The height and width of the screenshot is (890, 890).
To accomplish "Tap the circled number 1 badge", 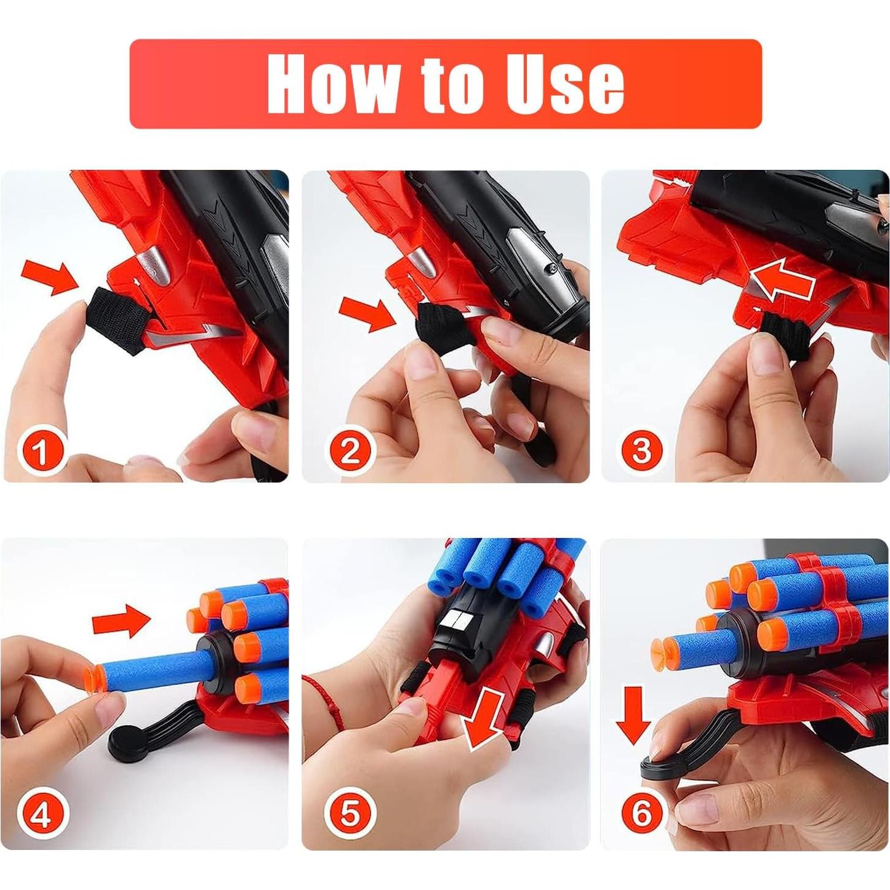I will (x=40, y=452).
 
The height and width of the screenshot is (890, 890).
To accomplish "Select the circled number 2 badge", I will (x=349, y=451).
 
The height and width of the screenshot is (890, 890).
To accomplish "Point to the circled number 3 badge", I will (x=641, y=451).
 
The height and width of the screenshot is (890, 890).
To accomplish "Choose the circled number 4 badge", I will (x=40, y=816).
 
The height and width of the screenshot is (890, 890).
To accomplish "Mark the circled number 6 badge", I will (x=641, y=814).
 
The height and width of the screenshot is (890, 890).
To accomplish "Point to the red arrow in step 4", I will (x=121, y=620).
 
